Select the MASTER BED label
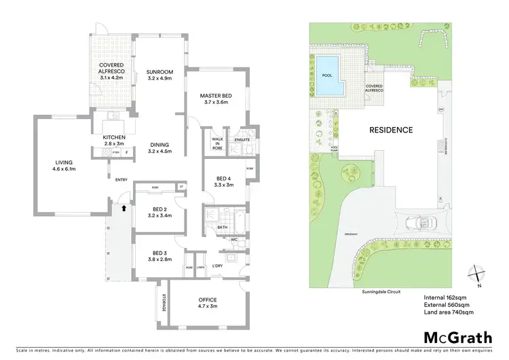click(x=216, y=100)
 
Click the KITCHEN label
click(x=114, y=141)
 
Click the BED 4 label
click(x=224, y=180)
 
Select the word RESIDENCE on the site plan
click(x=390, y=130)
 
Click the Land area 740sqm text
click(x=449, y=312)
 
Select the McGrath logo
click(x=458, y=337)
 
